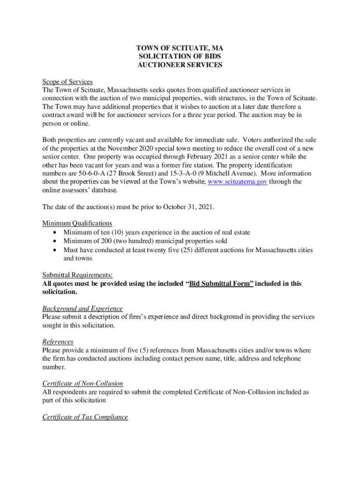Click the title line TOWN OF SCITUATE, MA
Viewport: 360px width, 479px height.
point(180,48)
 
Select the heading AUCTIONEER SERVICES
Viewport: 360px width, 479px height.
point(180,65)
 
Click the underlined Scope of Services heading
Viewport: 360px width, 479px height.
point(67,82)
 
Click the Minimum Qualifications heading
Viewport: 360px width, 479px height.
point(77,224)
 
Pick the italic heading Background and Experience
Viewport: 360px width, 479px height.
point(82,309)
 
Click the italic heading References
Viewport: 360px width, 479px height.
point(58,342)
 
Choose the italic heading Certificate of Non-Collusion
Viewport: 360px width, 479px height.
point(82,384)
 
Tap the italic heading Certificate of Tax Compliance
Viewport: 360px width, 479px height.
point(85,417)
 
